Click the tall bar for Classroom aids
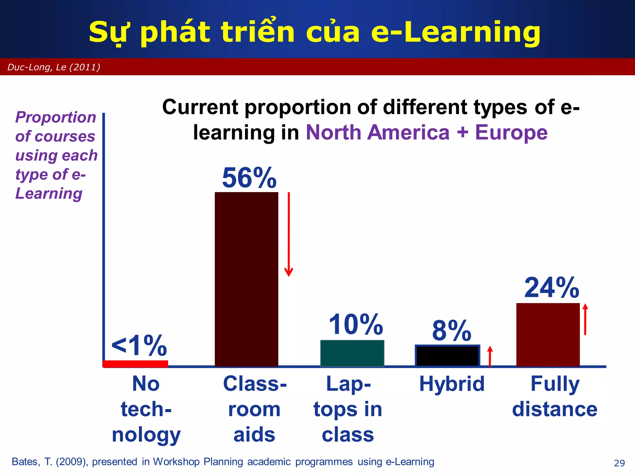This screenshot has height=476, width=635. pyautogui.click(x=246, y=279)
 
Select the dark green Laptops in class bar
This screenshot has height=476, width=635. pyautogui.click(x=352, y=353)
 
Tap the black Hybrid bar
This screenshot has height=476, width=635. pyautogui.click(x=447, y=356)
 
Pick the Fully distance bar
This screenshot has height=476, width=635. pyautogui.click(x=548, y=335)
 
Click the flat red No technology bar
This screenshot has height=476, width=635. pyautogui.click(x=135, y=364)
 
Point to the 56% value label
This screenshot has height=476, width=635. pyautogui.click(x=249, y=178)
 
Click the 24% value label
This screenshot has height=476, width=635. pyautogui.click(x=552, y=288)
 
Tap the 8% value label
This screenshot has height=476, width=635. pyautogui.click(x=452, y=331)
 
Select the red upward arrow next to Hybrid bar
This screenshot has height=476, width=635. pyautogui.click(x=490, y=356)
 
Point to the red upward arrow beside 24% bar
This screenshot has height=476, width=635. pyautogui.click(x=585, y=319)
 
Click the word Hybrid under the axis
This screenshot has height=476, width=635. pyautogui.click(x=452, y=384)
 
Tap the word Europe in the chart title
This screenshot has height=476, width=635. pyautogui.click(x=511, y=133)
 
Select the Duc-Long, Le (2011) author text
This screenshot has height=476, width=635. pyautogui.click(x=54, y=67)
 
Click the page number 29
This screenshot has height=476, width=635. pyautogui.click(x=619, y=463)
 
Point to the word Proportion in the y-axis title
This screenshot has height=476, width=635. pyautogui.click(x=56, y=117)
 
